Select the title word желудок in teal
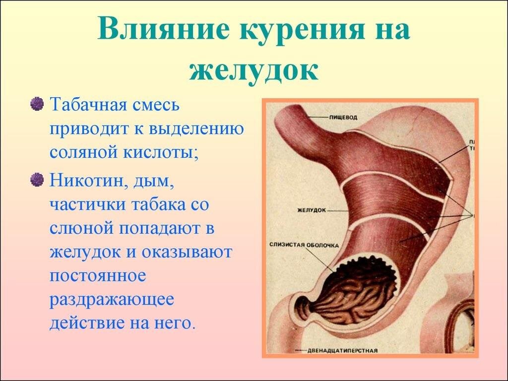pos(254,69)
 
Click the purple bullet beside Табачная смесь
pos(37,105)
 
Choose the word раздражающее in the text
pos(112,300)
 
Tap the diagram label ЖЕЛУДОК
pos(311,210)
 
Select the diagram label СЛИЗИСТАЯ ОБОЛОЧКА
pos(304,245)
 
